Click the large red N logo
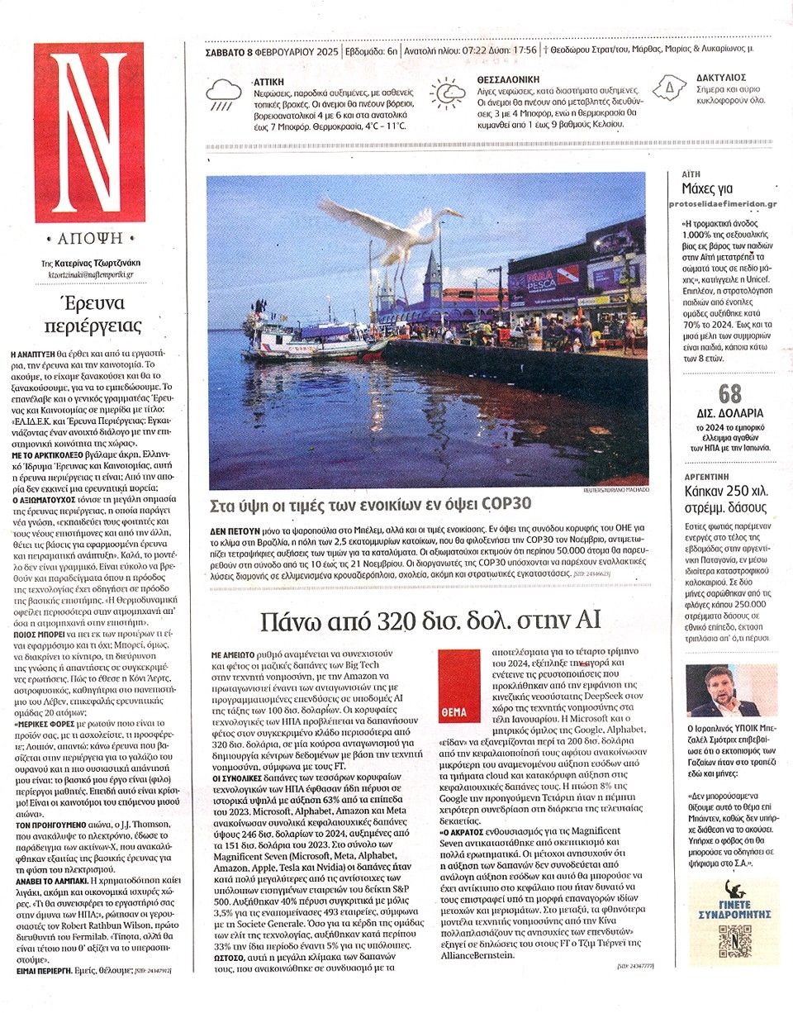(88, 132)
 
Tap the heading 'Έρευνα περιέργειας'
(93, 313)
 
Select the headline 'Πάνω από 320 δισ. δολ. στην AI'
(429, 621)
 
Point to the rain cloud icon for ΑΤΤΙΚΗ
(224, 93)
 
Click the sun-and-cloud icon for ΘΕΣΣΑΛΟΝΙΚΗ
(448, 93)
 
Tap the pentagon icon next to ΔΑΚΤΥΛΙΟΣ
(670, 88)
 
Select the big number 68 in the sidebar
(729, 395)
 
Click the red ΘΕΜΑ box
(458, 687)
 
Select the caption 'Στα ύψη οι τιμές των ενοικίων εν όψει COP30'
(368, 505)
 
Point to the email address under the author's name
(90, 274)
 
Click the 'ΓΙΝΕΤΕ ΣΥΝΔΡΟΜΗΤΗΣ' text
(732, 897)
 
